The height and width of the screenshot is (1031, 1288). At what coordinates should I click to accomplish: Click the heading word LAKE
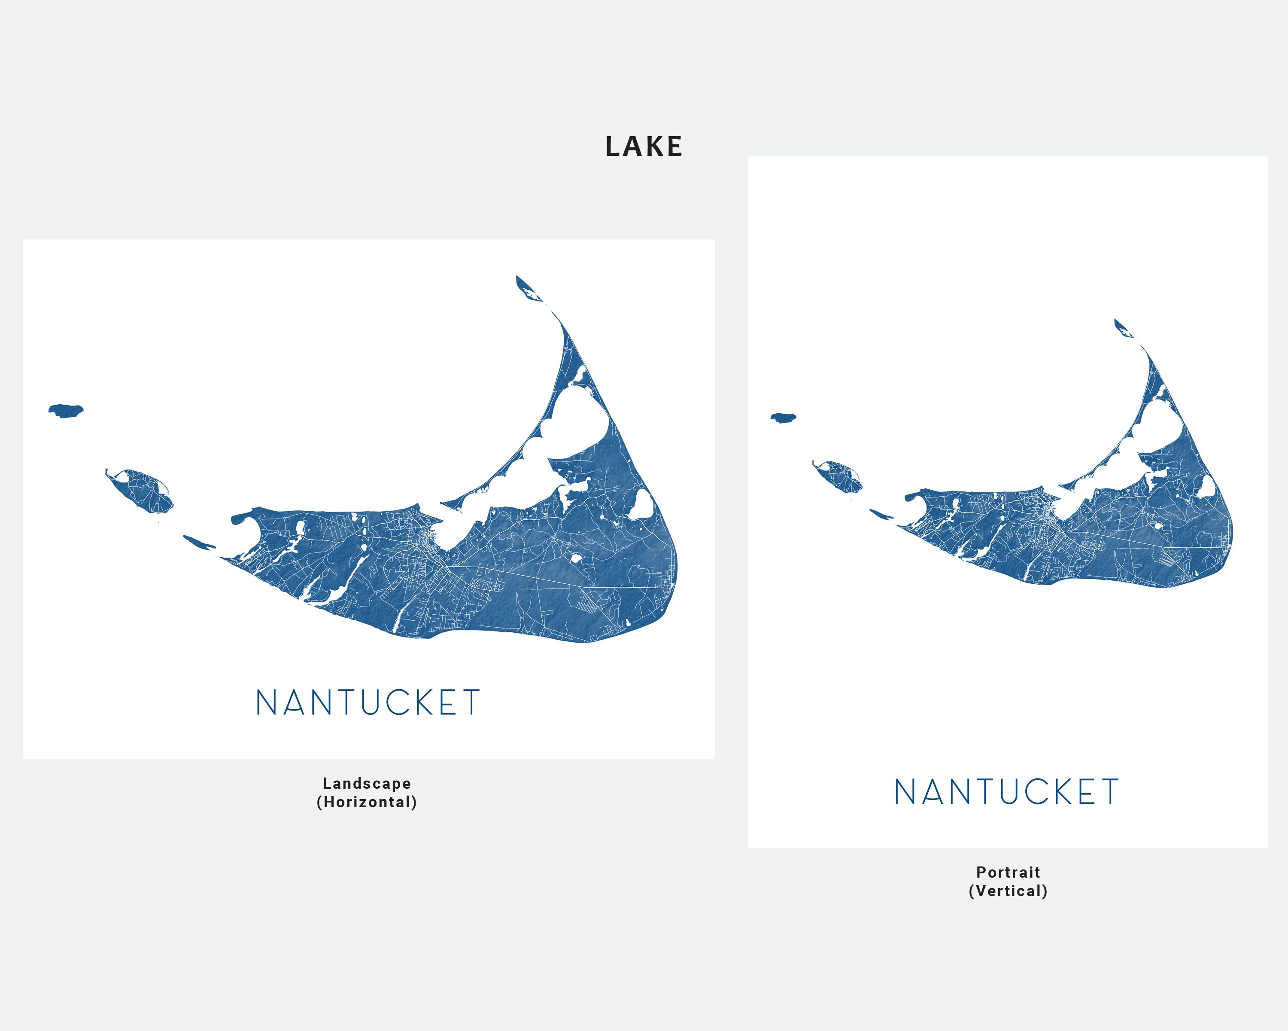pos(644,147)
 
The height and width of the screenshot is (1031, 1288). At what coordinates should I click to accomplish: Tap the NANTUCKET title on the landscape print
pos(368,702)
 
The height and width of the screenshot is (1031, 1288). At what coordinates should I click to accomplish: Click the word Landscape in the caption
pos(367,784)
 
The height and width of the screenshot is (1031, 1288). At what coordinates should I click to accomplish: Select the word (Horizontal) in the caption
pos(367,802)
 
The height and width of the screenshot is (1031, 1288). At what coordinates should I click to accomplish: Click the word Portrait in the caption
pos(1008,872)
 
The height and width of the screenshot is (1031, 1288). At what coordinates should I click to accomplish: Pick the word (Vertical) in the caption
pos(1008,891)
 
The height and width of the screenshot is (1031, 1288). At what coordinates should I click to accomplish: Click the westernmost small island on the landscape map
pos(66,411)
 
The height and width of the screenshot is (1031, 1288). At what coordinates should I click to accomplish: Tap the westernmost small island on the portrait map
pos(783,417)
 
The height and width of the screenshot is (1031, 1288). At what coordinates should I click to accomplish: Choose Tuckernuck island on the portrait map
pos(840,475)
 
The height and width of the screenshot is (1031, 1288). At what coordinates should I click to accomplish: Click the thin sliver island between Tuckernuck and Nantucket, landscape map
pos(198,542)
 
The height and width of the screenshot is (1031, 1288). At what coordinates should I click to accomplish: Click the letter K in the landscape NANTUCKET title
pos(425,702)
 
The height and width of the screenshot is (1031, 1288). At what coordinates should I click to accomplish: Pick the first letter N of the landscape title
pos(265,702)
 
